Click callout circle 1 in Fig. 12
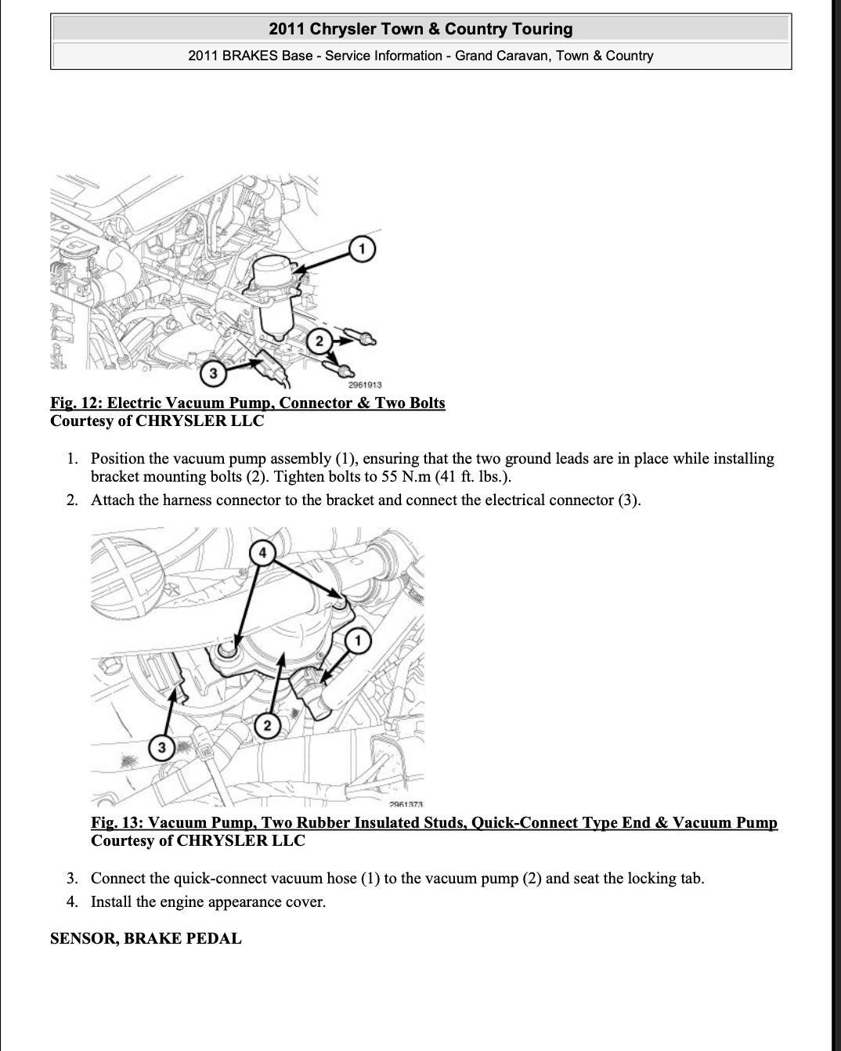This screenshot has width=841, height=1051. (x=362, y=249)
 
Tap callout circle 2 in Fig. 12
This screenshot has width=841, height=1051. (x=319, y=341)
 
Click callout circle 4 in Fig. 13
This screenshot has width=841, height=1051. (x=262, y=553)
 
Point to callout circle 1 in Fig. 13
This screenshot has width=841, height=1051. (x=358, y=641)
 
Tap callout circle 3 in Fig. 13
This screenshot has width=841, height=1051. (x=162, y=747)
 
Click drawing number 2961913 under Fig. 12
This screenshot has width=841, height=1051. (x=364, y=385)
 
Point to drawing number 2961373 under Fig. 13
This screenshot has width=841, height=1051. (x=406, y=804)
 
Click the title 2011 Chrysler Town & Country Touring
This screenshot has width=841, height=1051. (x=420, y=29)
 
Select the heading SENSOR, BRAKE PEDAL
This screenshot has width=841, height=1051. (x=146, y=938)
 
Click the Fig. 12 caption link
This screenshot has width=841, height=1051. (x=247, y=403)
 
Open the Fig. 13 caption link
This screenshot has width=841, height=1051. (x=434, y=822)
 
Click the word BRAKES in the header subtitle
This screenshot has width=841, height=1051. (x=250, y=56)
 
